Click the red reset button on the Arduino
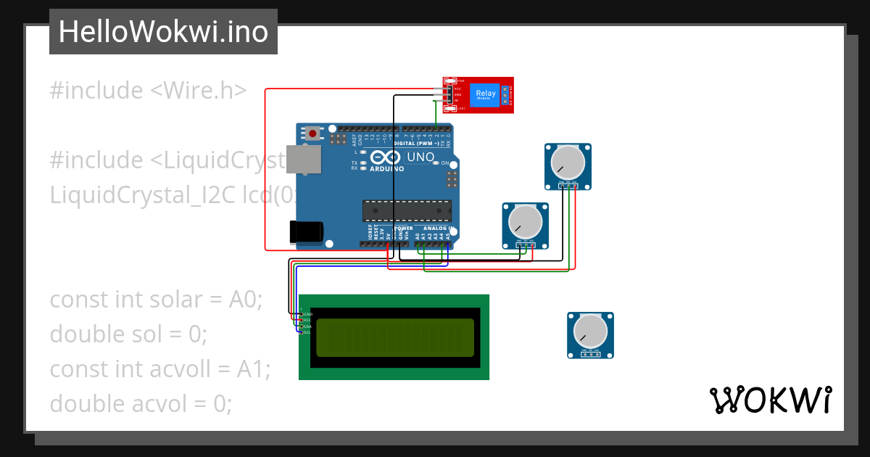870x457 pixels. tap(312, 133)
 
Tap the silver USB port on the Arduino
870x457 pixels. tap(304, 160)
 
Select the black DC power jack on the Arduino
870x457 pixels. tap(306, 231)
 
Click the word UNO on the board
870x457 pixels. tap(420, 157)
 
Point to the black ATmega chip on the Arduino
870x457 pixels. tap(407, 210)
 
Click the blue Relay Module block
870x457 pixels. tap(486, 94)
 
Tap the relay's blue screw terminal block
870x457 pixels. tap(505, 95)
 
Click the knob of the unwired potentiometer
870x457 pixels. tap(589, 332)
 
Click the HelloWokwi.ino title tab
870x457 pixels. tap(163, 32)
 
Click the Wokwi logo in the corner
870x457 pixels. tap(770, 400)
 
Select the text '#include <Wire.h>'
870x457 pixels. tap(148, 91)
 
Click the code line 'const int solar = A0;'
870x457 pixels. tap(156, 299)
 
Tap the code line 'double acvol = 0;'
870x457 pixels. tap(141, 403)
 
